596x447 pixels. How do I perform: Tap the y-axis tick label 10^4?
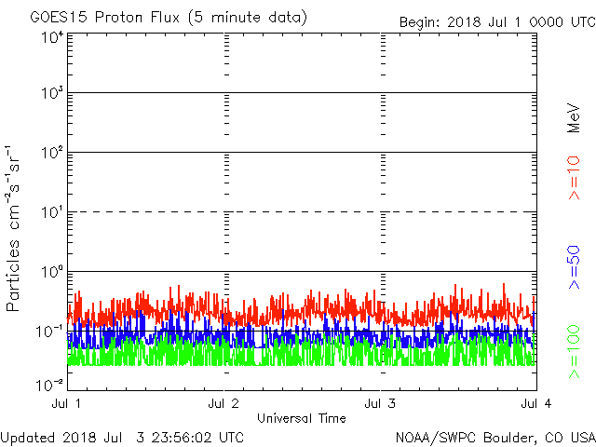click(52, 38)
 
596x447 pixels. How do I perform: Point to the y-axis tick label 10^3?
click(52, 94)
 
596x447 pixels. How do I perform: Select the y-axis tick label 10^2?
click(52, 153)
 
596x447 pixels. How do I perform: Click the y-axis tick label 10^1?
click(52, 212)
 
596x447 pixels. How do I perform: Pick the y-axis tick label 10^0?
click(52, 271)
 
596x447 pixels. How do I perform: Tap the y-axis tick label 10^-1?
click(50, 331)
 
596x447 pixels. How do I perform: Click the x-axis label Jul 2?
click(224, 403)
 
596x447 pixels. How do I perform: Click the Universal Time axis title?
click(301, 418)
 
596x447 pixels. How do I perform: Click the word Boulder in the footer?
click(500, 437)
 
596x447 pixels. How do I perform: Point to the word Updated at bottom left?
click(27, 437)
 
